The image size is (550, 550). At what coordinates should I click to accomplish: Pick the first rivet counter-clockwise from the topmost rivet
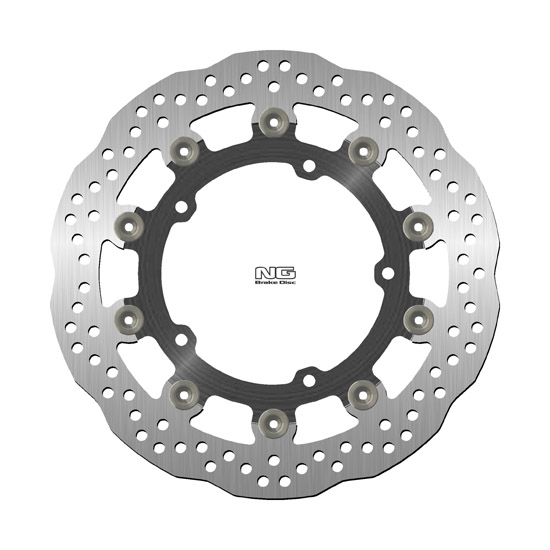point(184,150)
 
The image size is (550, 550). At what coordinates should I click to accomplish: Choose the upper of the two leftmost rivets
point(131,222)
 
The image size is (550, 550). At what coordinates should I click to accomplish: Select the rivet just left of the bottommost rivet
point(185,388)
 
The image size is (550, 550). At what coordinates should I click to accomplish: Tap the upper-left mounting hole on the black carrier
point(184,209)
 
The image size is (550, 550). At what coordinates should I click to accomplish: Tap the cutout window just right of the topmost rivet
point(318,118)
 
